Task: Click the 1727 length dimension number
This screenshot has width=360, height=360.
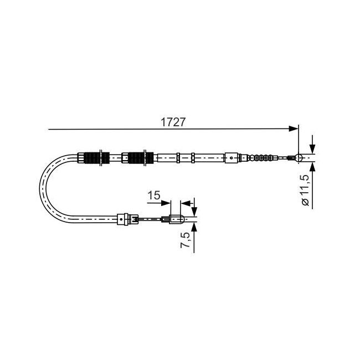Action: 173,122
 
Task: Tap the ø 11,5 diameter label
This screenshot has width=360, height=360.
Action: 306,191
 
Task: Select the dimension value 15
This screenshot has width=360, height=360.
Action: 154,196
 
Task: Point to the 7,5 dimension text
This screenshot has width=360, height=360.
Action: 185,240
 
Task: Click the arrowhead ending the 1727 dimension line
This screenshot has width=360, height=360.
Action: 294,129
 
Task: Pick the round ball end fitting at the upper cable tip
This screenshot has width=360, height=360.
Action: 299,158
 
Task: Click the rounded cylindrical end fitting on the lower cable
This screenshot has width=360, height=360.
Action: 177,219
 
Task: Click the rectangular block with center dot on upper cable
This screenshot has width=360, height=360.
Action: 232,158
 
